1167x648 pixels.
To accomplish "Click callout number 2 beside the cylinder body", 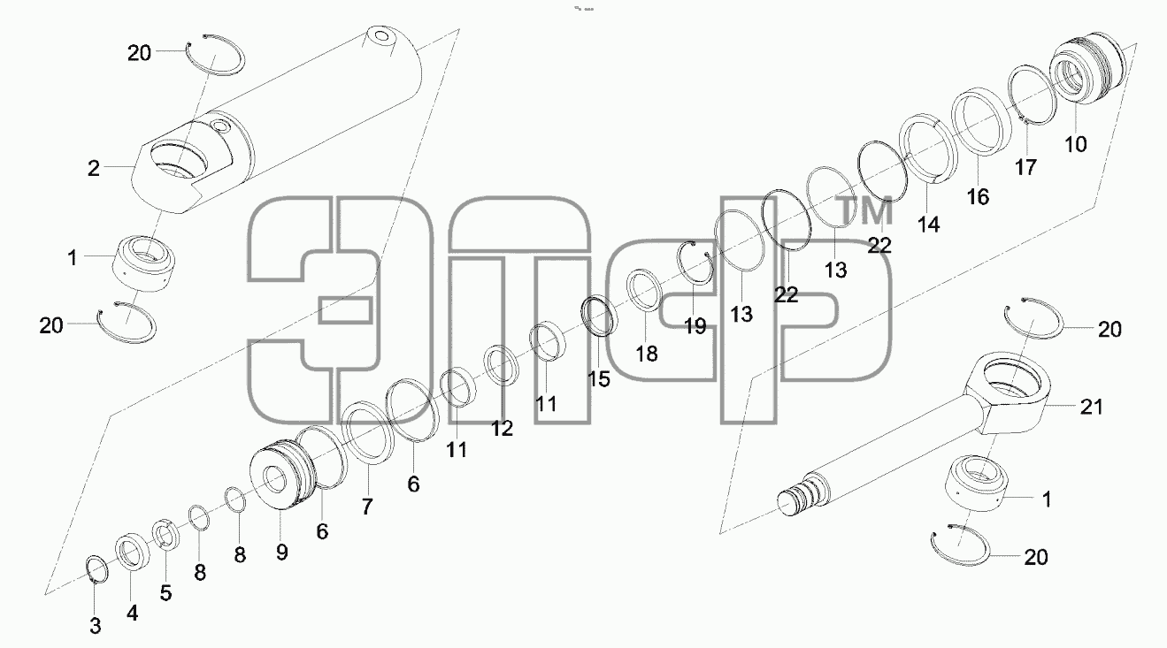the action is (x=93, y=169).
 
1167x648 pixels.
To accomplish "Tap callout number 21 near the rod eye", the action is (x=1092, y=407).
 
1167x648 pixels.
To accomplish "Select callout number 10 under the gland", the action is (x=1076, y=144).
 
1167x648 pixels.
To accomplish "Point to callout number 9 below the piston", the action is (x=282, y=553).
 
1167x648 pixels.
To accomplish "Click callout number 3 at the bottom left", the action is (x=95, y=626).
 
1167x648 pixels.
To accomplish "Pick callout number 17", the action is (x=1025, y=168).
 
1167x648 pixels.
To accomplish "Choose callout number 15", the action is (x=599, y=379).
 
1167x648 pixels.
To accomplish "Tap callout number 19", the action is (x=695, y=326).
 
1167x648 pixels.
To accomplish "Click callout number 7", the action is (x=367, y=507).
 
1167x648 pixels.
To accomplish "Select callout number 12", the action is (x=503, y=429).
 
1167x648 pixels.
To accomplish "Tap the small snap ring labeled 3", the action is (x=96, y=569).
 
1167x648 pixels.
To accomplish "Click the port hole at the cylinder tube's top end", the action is (x=380, y=36).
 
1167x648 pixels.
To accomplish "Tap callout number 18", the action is (x=647, y=354).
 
